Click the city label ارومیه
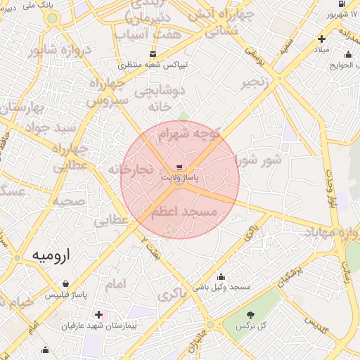(48, 255)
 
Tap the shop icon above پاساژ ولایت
(180, 167)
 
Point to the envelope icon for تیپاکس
(153, 54)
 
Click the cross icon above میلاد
(321, 39)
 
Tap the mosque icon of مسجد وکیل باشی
(221, 276)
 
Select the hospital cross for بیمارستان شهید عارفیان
(98, 314)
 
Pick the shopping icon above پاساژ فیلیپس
(65, 284)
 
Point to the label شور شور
(257, 160)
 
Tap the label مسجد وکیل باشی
(224, 288)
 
